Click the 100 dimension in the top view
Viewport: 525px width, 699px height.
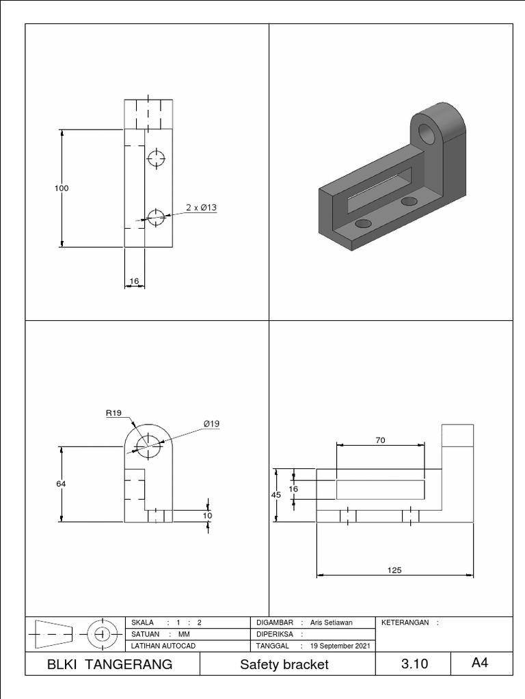coord(62,188)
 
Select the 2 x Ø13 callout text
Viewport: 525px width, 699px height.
coord(202,208)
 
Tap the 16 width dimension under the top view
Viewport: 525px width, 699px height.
coord(134,281)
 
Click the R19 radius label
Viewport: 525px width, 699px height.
coord(113,412)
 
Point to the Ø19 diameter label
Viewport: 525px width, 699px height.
coord(211,424)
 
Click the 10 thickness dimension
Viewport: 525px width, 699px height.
coord(208,515)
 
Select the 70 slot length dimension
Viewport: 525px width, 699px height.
coord(381,440)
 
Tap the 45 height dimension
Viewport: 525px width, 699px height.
coord(276,496)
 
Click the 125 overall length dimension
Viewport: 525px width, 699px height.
coord(394,570)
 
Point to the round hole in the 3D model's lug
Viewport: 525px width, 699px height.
coord(427,134)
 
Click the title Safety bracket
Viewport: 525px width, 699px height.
coord(284,664)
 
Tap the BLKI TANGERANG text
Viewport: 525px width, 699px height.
coord(110,664)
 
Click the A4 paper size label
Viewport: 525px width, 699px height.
coord(480,663)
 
